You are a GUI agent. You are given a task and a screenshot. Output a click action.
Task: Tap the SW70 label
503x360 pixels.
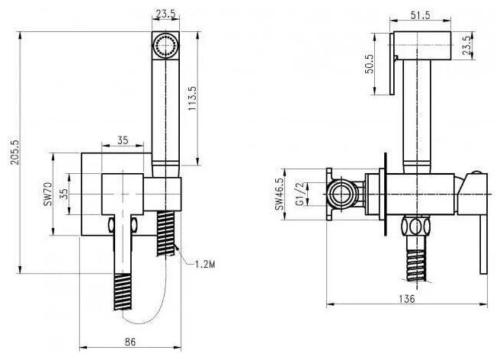(x=47, y=194)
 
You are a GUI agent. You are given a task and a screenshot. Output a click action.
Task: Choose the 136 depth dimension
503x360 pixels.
(x=407, y=299)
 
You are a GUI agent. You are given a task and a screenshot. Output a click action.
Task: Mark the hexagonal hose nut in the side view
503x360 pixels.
(x=415, y=227)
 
